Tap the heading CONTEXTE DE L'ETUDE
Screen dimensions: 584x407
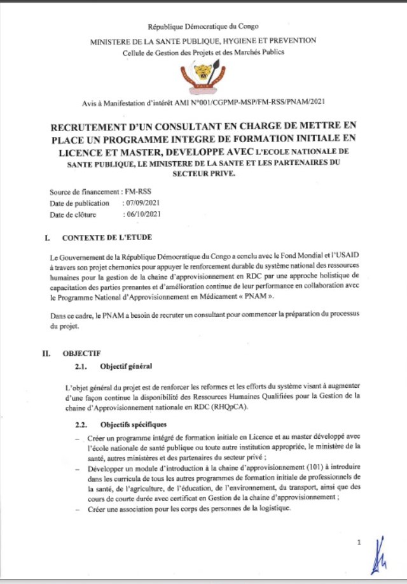107,238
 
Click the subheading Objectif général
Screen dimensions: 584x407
126,366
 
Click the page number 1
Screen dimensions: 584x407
359,542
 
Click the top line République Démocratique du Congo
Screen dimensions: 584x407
203,27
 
